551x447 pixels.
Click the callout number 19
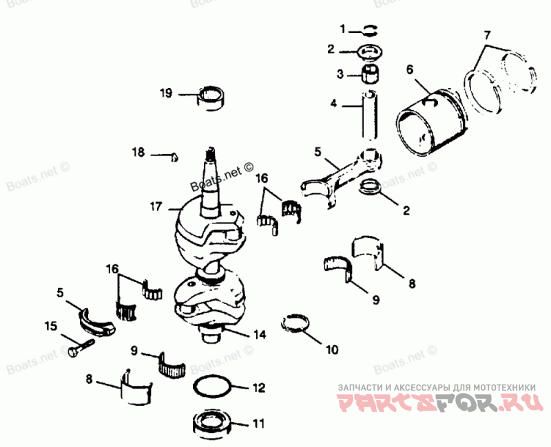(x=165, y=93)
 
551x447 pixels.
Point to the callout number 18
(x=138, y=152)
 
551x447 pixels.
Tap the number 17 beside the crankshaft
(x=156, y=206)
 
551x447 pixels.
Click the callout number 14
(x=259, y=335)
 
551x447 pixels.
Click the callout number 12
(x=258, y=388)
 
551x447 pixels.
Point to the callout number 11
(x=258, y=424)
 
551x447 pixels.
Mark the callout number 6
(x=410, y=69)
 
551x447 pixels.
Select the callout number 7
(x=487, y=34)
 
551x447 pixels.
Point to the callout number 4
(x=333, y=105)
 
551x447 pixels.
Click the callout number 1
(x=342, y=29)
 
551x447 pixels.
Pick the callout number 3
(x=340, y=73)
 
